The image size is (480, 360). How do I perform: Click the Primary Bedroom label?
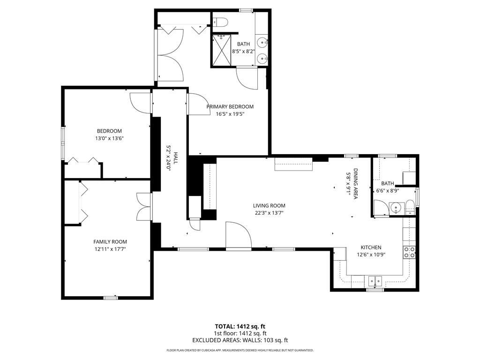[x=230, y=106]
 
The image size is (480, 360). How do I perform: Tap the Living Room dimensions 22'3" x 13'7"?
[x=269, y=213]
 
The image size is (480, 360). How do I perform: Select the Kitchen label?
[x=371, y=247]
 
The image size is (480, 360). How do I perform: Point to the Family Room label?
[x=110, y=241]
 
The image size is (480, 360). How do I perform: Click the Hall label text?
[x=176, y=158]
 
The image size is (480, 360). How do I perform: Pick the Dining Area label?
[x=355, y=184]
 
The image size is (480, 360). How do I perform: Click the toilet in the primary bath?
[x=220, y=22]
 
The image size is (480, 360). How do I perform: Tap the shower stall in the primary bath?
[x=222, y=50]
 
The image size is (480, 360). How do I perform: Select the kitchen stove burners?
[x=409, y=252]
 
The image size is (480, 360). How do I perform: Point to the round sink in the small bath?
[x=397, y=208]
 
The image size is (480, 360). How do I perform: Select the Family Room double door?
[x=144, y=207]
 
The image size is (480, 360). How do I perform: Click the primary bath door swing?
[x=247, y=78]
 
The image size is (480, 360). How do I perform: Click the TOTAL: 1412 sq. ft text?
[x=240, y=326]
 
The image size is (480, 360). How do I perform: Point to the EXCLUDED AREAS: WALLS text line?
[x=240, y=340]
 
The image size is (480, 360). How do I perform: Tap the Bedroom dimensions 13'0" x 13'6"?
[x=109, y=138]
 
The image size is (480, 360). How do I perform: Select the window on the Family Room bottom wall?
[x=111, y=298]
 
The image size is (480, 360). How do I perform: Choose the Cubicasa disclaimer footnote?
[x=240, y=350]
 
